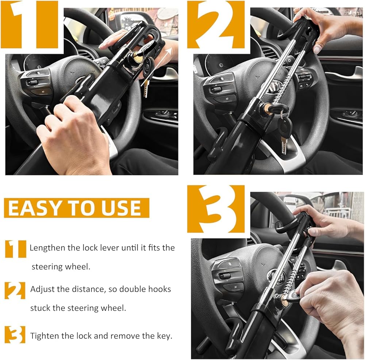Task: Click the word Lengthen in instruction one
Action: (x=47, y=248)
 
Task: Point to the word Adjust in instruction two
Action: (x=42, y=290)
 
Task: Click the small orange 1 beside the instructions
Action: (x=16, y=249)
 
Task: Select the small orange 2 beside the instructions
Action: (x=15, y=290)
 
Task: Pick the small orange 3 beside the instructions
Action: (x=15, y=334)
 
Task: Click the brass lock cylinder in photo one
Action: (x=137, y=57)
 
